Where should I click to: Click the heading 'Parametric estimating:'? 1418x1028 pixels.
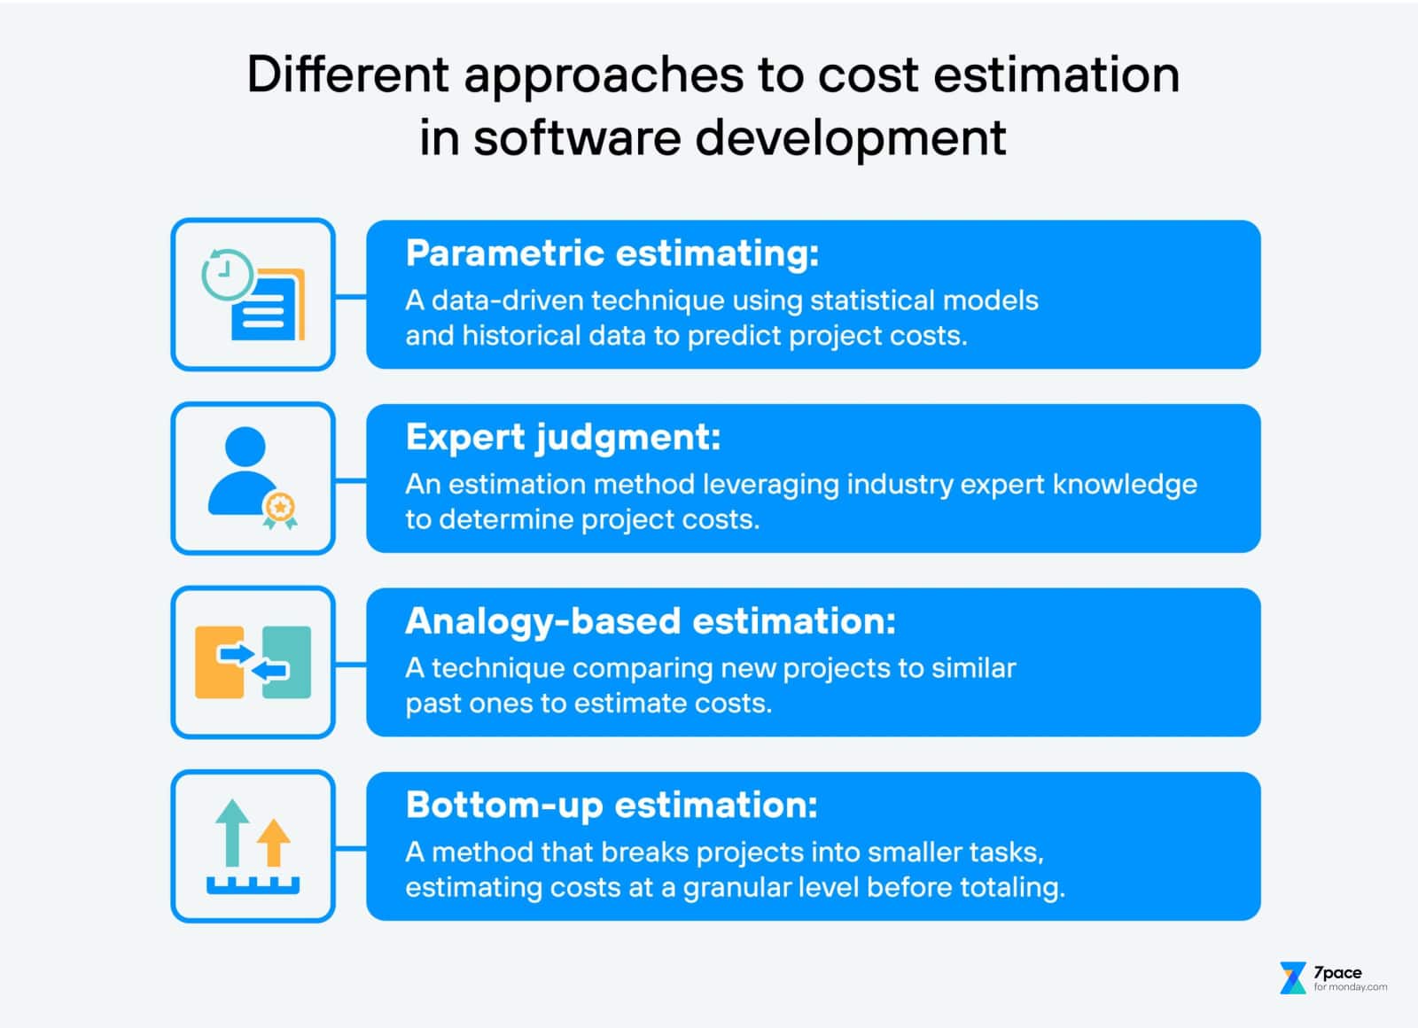pos(612,253)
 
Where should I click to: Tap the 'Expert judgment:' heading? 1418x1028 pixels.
pos(564,438)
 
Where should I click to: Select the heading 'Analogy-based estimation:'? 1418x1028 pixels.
pos(651,621)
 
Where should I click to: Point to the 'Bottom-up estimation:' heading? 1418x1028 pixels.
pos(612,806)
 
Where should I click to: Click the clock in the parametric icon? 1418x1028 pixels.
pos(227,275)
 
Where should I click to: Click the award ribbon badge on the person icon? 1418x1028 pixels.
pos(280,510)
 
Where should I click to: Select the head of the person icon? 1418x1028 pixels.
pos(245,447)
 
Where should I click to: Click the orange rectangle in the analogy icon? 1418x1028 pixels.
pos(218,662)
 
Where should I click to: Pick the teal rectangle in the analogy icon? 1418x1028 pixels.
pos(287,662)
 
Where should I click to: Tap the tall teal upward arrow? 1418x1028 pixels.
pos(232,832)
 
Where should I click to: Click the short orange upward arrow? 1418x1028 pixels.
pos(274,843)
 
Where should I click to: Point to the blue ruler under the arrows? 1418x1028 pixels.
pos(253,885)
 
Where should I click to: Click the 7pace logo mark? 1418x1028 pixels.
pos(1293,978)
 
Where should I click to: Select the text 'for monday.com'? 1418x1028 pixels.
pos(1351,987)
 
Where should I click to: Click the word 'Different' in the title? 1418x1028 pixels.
pos(348,74)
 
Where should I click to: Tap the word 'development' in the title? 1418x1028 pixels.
pos(851,138)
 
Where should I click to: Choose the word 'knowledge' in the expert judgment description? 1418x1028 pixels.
pos(1125,485)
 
